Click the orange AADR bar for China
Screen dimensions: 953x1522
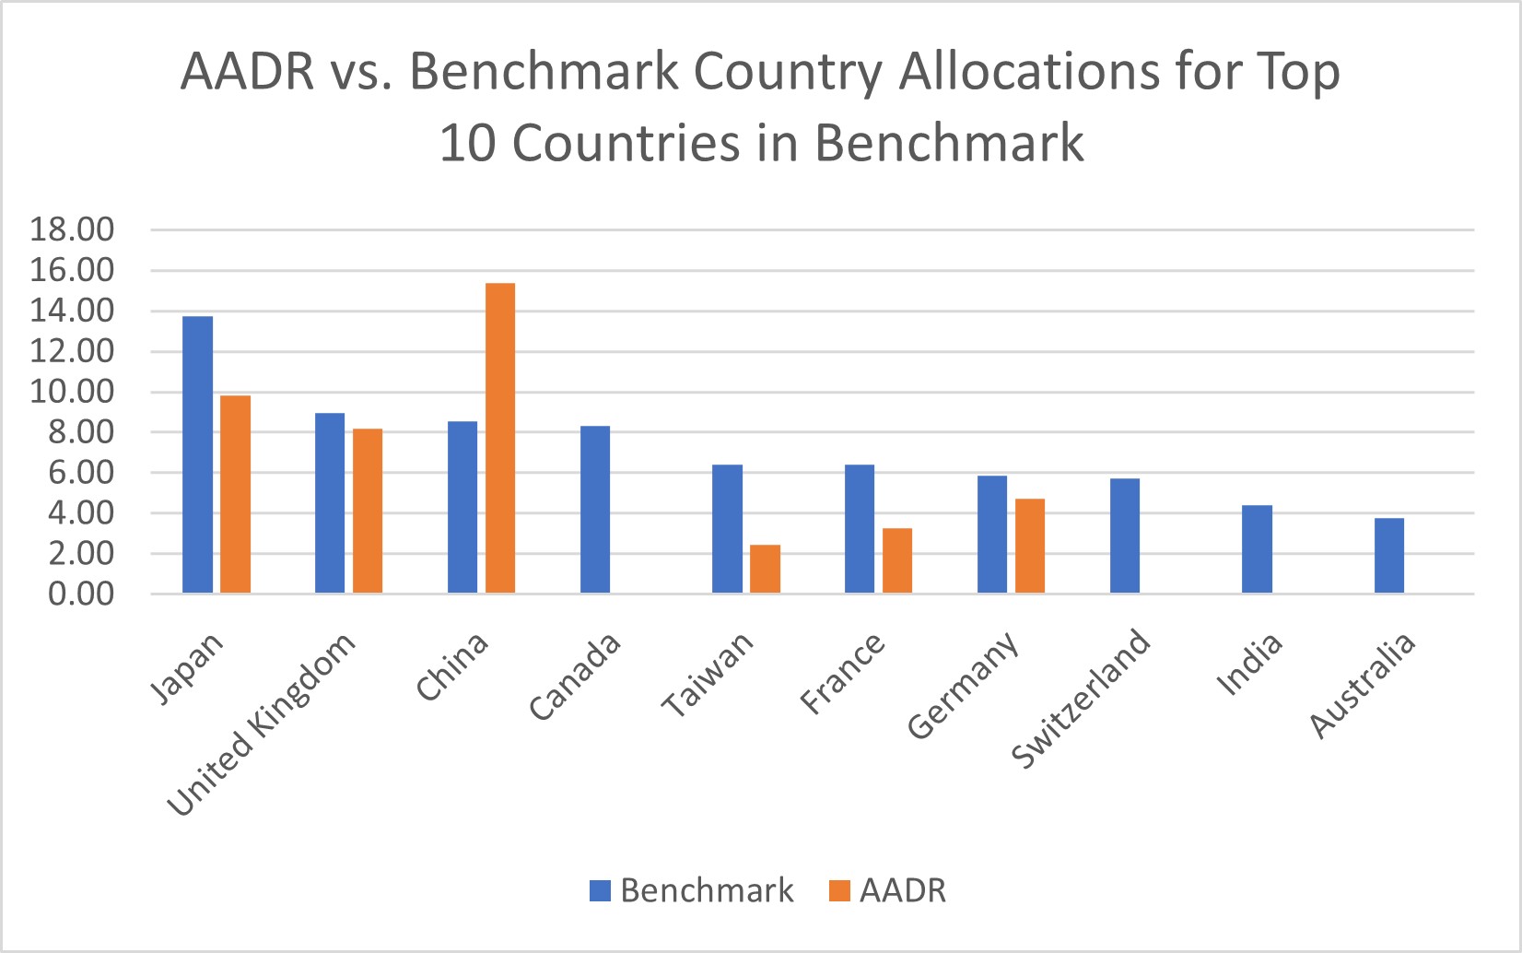point(500,438)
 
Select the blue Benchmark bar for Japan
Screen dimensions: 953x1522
point(198,454)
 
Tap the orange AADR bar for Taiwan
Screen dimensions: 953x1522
point(765,569)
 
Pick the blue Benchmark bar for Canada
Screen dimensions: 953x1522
point(595,509)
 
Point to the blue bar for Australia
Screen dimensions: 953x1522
point(1389,555)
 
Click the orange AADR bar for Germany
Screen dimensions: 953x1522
point(1030,546)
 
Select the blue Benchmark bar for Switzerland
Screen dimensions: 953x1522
point(1125,535)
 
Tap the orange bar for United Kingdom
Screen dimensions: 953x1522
point(368,511)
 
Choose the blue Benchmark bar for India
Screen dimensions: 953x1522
point(1257,548)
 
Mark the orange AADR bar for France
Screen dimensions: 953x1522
point(897,560)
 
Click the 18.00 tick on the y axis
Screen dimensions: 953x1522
point(72,229)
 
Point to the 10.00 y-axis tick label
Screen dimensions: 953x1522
point(72,392)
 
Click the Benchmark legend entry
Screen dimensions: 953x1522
point(692,890)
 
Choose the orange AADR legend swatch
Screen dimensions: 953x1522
point(839,891)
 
